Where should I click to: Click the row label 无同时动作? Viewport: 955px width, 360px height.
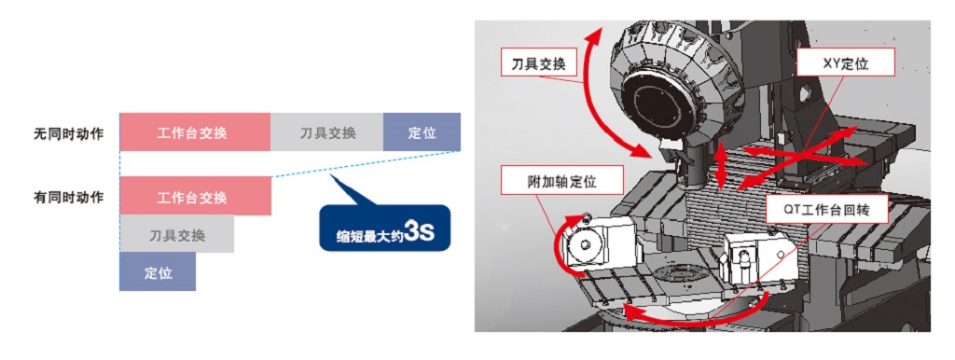click(x=68, y=133)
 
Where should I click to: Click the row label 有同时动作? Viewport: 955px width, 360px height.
click(x=68, y=198)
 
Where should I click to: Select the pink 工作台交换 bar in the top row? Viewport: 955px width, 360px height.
click(x=195, y=132)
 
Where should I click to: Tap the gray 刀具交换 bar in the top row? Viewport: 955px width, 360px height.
click(x=327, y=132)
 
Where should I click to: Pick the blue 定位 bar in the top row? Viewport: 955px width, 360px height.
click(x=422, y=132)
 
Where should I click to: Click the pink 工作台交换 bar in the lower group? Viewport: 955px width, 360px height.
click(x=195, y=196)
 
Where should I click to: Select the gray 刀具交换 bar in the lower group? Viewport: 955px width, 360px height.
click(x=176, y=234)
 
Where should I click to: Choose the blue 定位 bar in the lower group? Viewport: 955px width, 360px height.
click(x=158, y=271)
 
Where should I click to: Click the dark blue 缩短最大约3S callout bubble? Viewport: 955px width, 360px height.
click(x=384, y=228)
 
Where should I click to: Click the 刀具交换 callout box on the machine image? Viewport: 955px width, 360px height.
click(x=538, y=63)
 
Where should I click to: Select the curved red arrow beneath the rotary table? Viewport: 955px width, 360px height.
click(x=688, y=315)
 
